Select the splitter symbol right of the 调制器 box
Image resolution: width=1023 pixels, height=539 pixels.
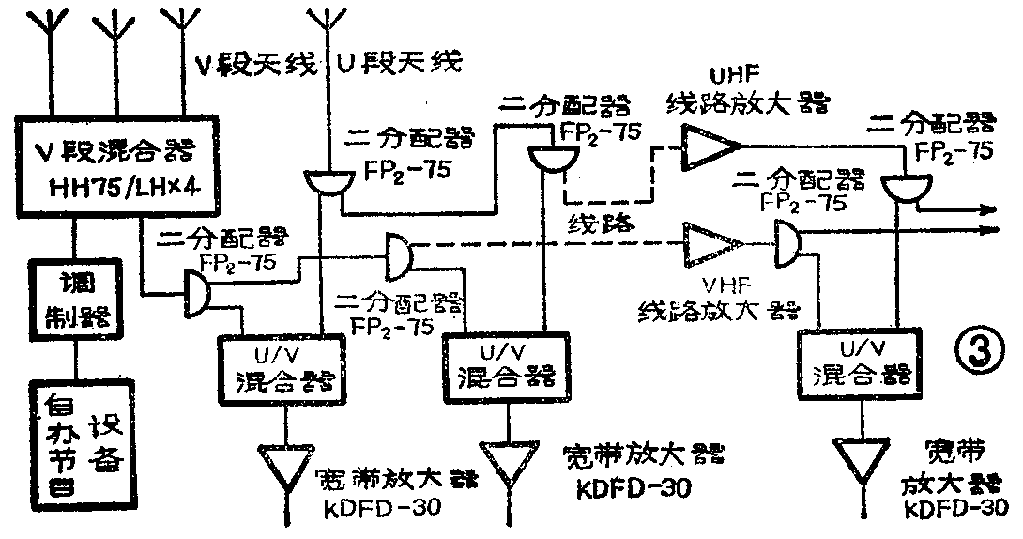[195, 290]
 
